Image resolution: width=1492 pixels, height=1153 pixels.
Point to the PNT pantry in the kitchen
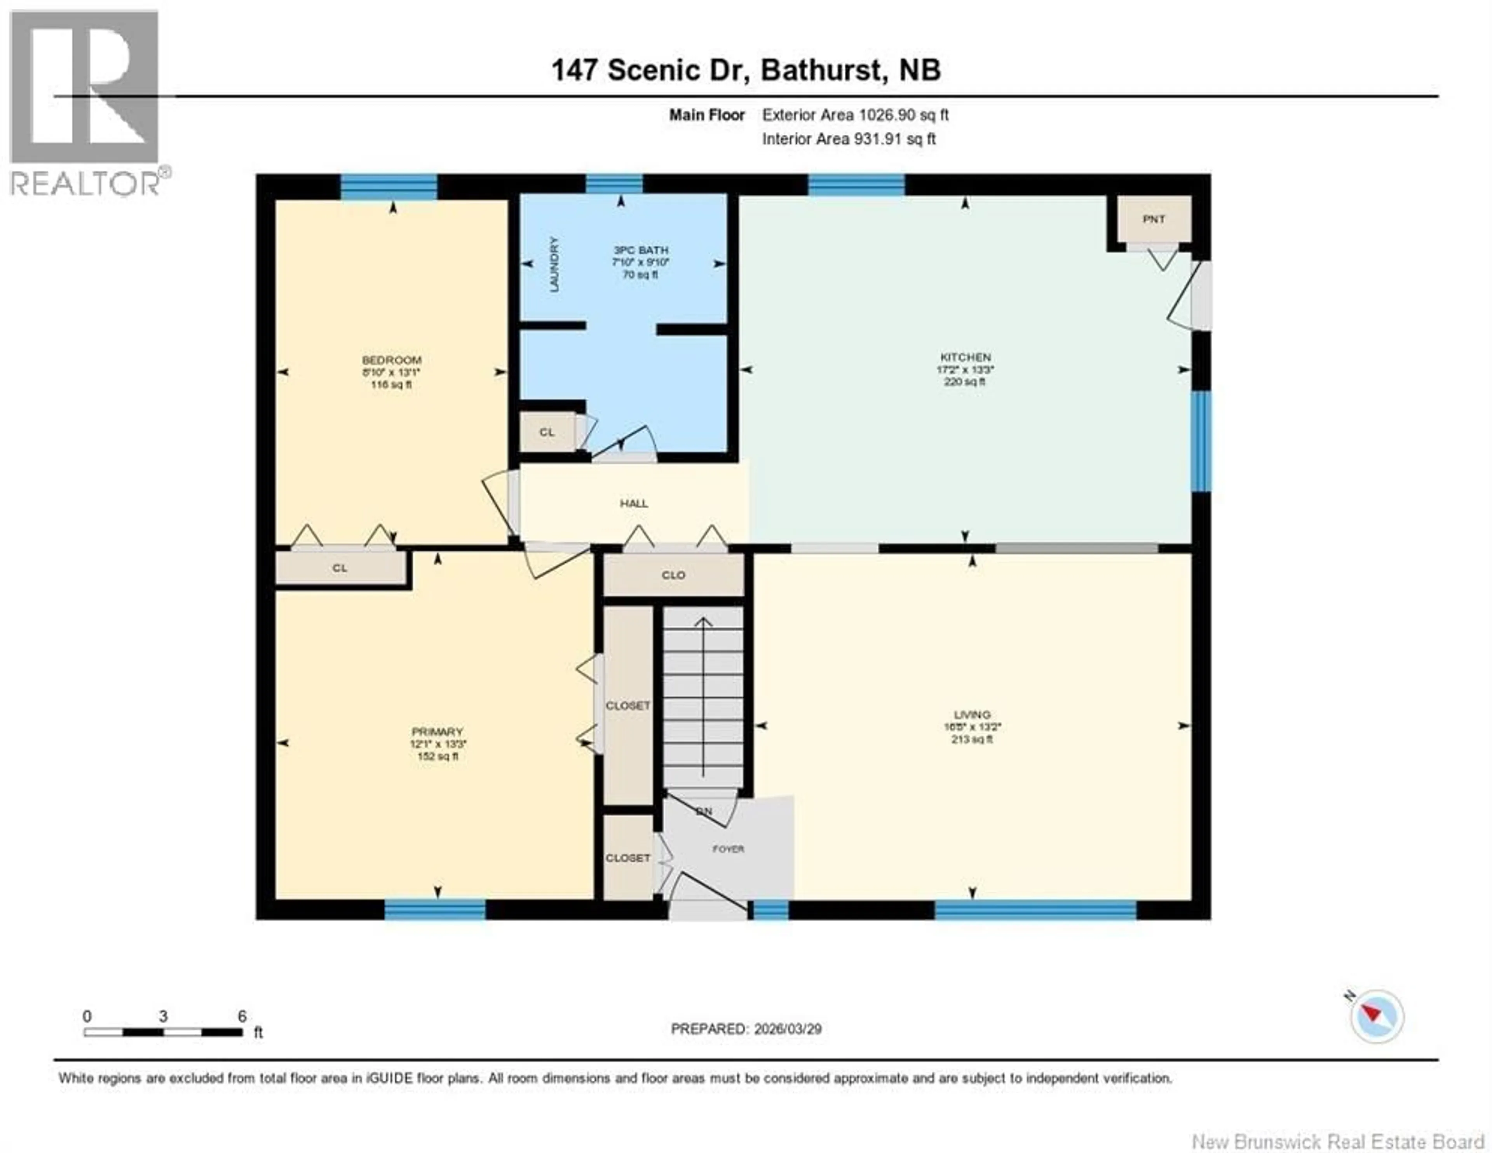[x=1154, y=220]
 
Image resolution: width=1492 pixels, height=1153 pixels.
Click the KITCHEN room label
[x=965, y=358]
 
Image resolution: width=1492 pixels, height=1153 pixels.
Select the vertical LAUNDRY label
[x=554, y=265]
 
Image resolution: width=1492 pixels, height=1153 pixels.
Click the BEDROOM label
[x=391, y=360]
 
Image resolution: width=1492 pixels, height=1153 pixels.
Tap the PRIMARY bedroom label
[x=437, y=731]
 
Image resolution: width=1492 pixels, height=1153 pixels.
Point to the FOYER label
[x=728, y=849]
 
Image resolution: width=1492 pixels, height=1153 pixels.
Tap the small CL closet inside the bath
[x=547, y=432]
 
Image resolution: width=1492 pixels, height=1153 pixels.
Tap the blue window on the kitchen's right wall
[x=1201, y=441]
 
